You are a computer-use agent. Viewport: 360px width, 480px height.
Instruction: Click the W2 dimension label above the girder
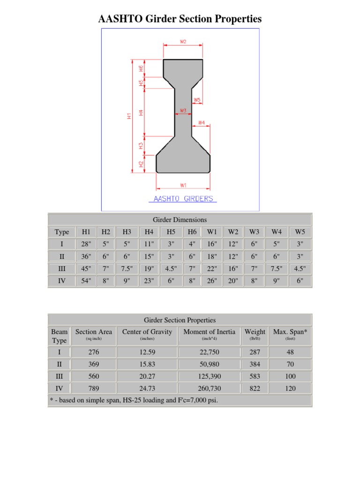click(x=183, y=42)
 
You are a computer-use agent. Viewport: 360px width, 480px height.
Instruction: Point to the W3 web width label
click(x=183, y=111)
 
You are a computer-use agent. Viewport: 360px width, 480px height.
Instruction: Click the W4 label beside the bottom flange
click(x=202, y=122)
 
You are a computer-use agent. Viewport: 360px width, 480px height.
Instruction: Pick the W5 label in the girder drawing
click(x=197, y=100)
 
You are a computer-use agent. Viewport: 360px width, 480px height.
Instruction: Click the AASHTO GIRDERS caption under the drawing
click(x=183, y=199)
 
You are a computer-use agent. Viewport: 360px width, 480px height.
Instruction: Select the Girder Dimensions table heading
click(x=180, y=219)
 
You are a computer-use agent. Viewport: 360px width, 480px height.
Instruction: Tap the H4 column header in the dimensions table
click(x=149, y=232)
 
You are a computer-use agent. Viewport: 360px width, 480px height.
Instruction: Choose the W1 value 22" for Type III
click(x=212, y=269)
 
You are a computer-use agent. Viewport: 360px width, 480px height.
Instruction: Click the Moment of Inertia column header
click(x=209, y=332)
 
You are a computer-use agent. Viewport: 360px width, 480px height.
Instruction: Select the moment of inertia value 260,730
click(x=209, y=388)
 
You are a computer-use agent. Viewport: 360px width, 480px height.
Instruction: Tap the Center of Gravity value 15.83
click(x=147, y=364)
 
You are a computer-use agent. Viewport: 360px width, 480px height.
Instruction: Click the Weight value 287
click(x=255, y=352)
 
